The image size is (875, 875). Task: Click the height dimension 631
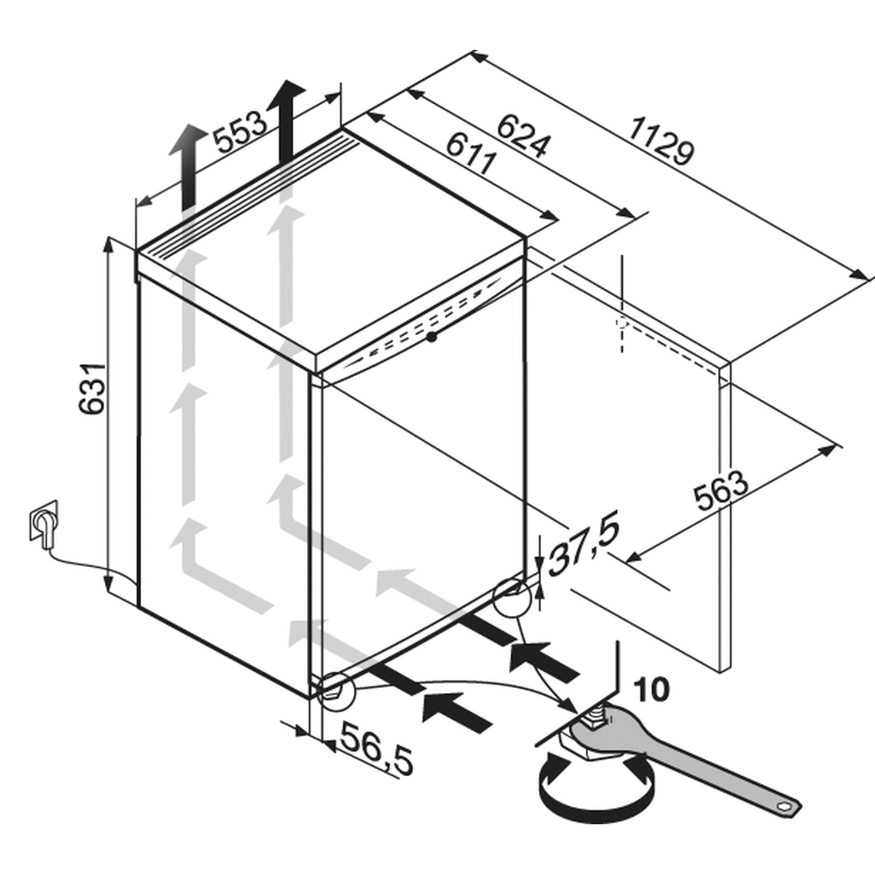pos(92,389)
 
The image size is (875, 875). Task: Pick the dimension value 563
pos(720,491)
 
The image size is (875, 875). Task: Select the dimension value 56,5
pos(377,748)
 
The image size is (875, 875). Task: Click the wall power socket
pos(44,520)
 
